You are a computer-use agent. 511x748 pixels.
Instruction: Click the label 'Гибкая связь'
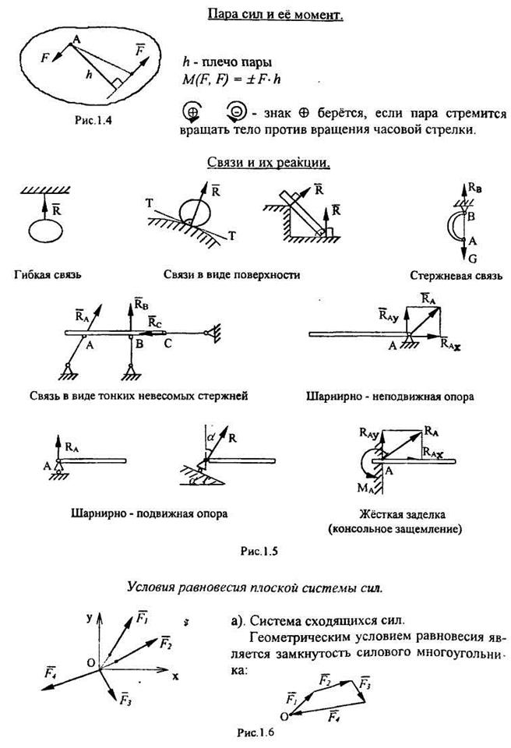[49, 273]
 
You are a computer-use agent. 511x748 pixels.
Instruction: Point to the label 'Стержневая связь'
[456, 274]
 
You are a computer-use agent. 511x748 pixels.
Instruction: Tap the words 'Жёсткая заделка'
[407, 516]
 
